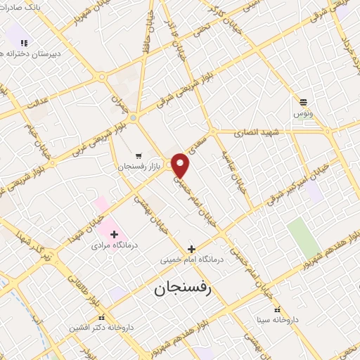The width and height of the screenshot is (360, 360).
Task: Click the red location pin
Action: [x=181, y=165]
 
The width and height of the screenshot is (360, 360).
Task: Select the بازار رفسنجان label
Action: [x=139, y=167]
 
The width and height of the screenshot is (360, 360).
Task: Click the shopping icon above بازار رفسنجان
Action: [x=139, y=155]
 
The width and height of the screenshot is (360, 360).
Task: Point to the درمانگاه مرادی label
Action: [x=112, y=246]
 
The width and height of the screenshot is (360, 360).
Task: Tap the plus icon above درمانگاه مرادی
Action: [x=113, y=233]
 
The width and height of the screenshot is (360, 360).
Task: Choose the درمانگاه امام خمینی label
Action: [x=191, y=259]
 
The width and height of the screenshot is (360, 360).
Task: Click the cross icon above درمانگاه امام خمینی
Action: [x=191, y=248]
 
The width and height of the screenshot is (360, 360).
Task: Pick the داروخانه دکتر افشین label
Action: [x=102, y=328]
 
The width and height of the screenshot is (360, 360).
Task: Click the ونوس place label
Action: [x=303, y=112]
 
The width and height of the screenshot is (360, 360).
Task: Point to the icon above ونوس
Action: [x=303, y=102]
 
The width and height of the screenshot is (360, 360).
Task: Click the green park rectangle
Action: [x=303, y=238]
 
